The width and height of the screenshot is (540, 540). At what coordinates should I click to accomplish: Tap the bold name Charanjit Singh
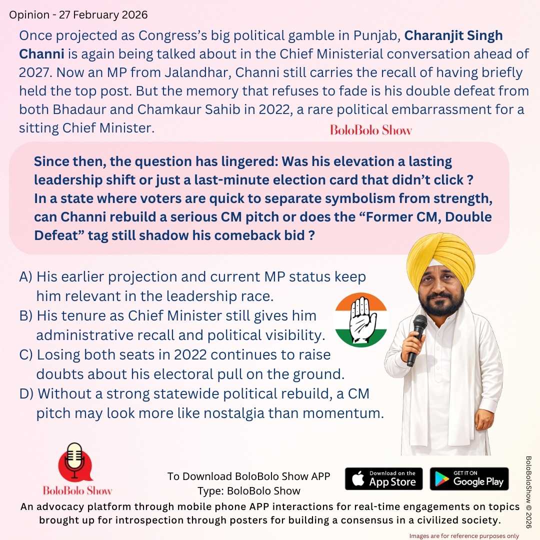tap(453, 36)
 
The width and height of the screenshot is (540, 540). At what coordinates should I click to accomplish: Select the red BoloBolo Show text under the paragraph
tap(371, 130)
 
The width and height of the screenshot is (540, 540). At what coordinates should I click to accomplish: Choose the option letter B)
tap(26, 316)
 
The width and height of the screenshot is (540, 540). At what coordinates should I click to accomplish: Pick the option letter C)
tap(26, 355)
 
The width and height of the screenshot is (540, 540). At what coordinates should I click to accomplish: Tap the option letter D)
tap(26, 394)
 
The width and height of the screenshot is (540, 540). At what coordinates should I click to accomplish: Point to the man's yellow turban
tap(440, 257)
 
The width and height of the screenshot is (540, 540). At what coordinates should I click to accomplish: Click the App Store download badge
tap(383, 479)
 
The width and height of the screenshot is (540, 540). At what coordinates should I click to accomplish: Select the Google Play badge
tap(469, 479)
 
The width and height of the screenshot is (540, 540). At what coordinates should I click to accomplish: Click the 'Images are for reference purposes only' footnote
tap(464, 535)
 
